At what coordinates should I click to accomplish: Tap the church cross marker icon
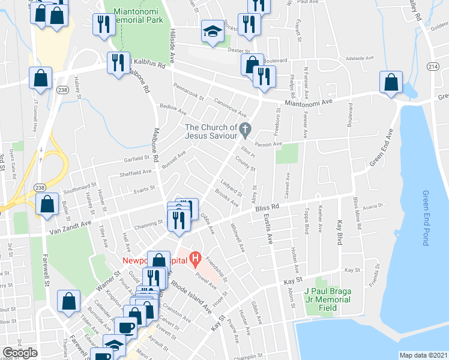coord(245,129)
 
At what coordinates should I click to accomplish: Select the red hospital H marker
coord(194,259)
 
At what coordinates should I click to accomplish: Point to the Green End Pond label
coord(426,210)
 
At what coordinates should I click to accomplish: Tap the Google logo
coord(20,353)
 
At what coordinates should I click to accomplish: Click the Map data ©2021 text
coord(423,355)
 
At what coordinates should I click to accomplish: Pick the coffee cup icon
coord(126,328)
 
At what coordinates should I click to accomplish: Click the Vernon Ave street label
coord(268,144)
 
